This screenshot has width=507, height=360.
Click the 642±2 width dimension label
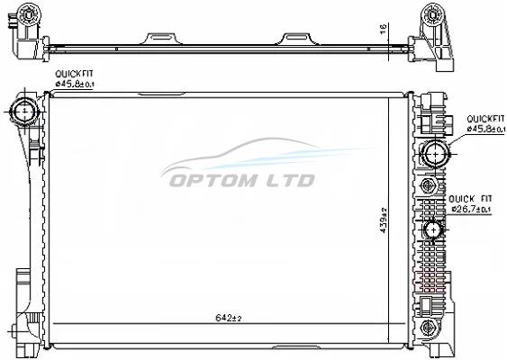pyautogui.click(x=229, y=318)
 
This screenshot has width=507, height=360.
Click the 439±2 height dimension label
pyautogui.click(x=384, y=220)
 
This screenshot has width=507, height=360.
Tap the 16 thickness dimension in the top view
pyautogui.click(x=383, y=30)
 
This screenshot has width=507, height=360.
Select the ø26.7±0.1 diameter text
pyautogui.click(x=471, y=209)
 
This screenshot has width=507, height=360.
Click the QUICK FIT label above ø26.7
pyautogui.click(x=470, y=199)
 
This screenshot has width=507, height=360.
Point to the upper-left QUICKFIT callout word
pyautogui.click(x=74, y=74)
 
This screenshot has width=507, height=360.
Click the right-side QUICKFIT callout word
pyautogui.click(x=485, y=119)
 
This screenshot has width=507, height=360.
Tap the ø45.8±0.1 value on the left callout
pyautogui.click(x=75, y=84)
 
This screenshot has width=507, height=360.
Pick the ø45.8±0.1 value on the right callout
pyautogui.click(x=485, y=129)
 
